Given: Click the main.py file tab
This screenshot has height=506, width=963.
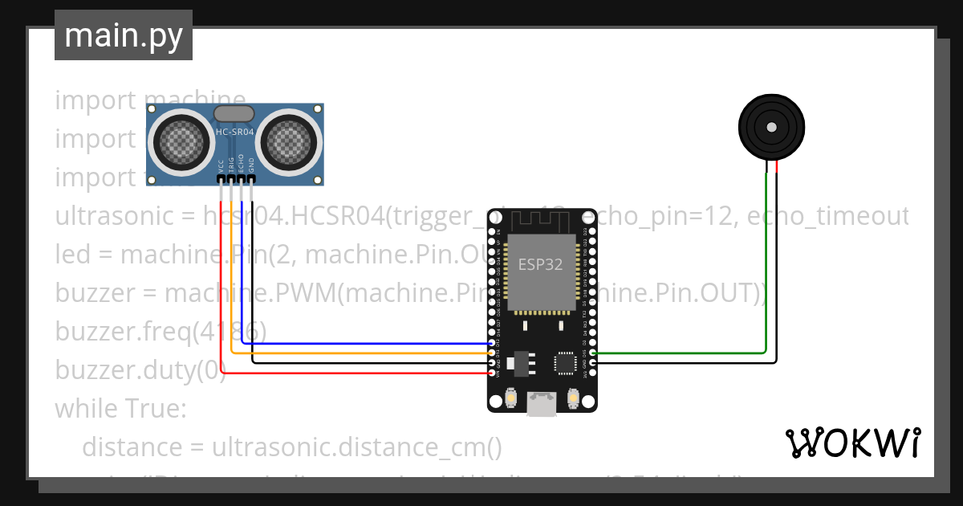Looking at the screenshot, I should [123, 35].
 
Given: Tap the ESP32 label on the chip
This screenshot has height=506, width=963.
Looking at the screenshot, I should [540, 264].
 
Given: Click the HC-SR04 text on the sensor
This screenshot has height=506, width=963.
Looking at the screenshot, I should [234, 132].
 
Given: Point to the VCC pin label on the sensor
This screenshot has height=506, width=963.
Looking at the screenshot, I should [221, 165].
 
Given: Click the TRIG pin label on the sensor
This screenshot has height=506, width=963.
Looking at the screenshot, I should [231, 165].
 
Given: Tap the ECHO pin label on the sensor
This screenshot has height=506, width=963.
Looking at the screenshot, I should [241, 165].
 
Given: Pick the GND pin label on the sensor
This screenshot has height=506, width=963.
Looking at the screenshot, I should [251, 165].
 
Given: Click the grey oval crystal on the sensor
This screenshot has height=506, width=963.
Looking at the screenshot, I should [234, 115].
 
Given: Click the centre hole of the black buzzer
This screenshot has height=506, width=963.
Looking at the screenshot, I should [771, 127].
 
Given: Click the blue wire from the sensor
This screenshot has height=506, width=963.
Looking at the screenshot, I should [361, 344].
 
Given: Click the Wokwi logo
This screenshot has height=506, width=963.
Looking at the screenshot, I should [852, 443].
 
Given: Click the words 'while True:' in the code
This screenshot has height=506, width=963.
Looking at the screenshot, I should [120, 409].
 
